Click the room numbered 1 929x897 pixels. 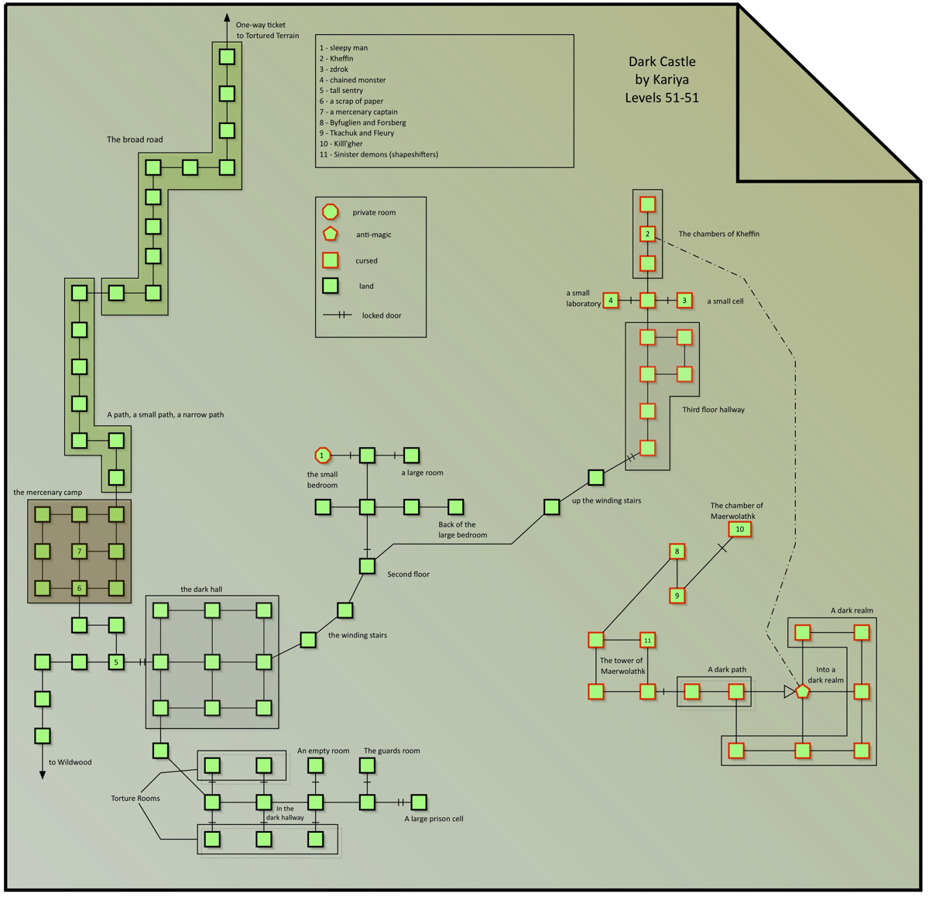click(x=323, y=455)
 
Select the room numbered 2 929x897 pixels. click(x=648, y=234)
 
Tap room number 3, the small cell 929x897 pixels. click(x=684, y=301)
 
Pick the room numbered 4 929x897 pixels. click(x=611, y=301)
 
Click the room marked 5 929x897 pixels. click(x=116, y=662)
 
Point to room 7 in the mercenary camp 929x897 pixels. click(x=79, y=552)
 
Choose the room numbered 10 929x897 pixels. click(x=739, y=529)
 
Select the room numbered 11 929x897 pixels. click(x=648, y=641)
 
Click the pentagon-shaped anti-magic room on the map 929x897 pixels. click(x=803, y=691)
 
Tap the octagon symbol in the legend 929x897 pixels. click(x=331, y=211)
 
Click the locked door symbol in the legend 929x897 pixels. click(x=338, y=315)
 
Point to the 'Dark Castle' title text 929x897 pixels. click(x=662, y=62)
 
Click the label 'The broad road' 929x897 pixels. click(x=135, y=139)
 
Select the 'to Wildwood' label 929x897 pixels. click(x=70, y=762)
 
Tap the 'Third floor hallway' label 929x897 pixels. click(x=713, y=410)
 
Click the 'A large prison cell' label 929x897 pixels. click(x=434, y=819)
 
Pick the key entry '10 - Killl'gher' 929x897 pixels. click(x=341, y=143)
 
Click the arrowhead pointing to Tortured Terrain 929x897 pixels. click(x=227, y=18)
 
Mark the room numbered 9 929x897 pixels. click(x=677, y=596)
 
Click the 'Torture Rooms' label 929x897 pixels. click(x=135, y=798)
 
